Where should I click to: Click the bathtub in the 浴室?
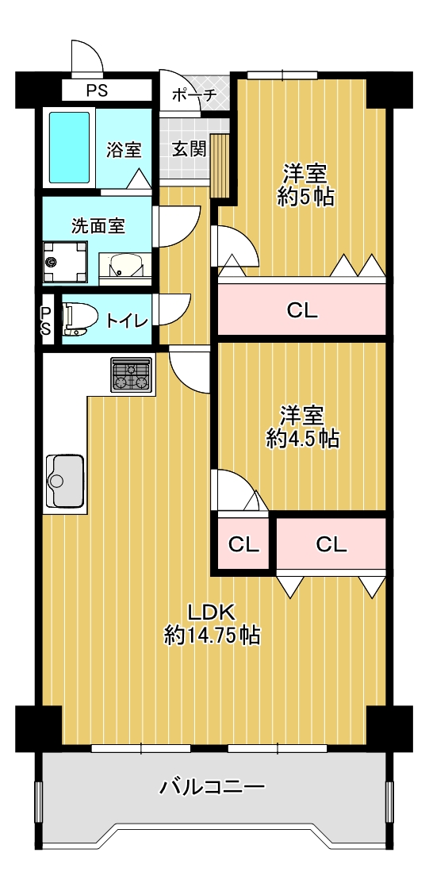69,148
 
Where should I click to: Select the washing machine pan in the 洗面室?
66,263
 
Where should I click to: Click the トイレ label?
128,321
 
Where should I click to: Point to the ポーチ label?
193,95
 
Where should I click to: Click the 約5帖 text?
305,197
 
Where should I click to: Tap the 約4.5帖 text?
303,439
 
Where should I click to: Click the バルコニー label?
212,787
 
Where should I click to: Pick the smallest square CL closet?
243,543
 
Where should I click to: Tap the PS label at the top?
98,90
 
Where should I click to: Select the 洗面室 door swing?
178,226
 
